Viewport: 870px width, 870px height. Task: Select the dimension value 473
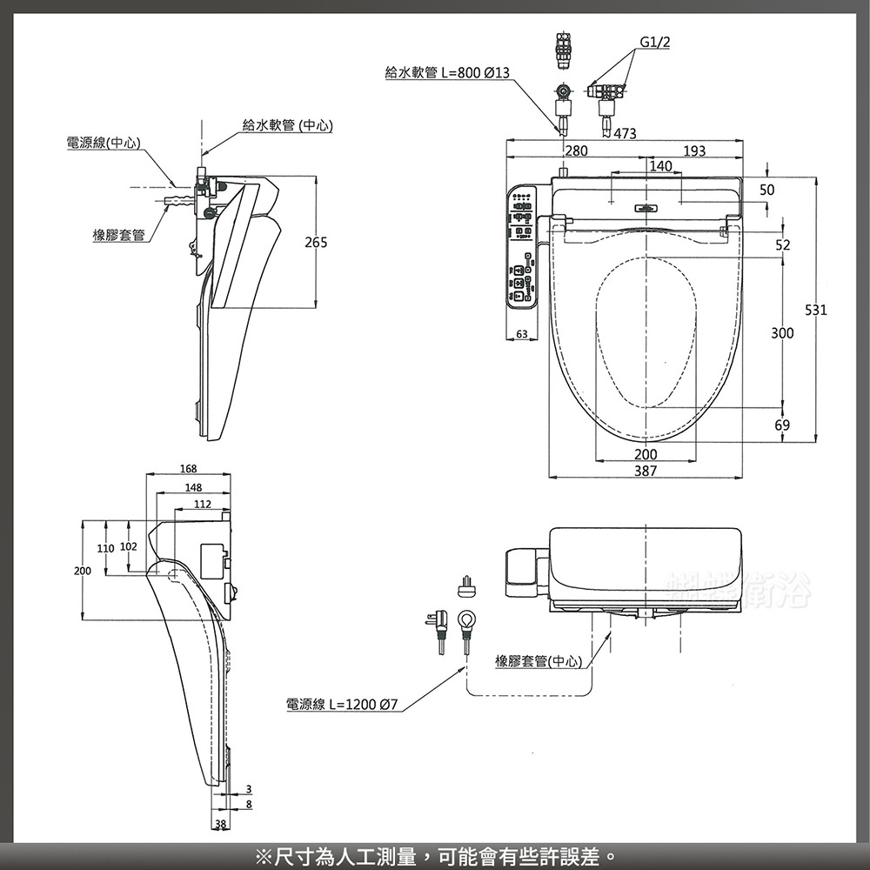(625, 134)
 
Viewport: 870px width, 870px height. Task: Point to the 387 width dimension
(646, 471)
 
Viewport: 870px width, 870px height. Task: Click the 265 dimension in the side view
(316, 244)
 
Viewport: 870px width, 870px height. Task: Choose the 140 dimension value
(660, 165)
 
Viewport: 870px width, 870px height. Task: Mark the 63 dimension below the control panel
(521, 334)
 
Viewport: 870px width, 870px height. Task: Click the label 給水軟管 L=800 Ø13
(447, 73)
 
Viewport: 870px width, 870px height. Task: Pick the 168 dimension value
(188, 470)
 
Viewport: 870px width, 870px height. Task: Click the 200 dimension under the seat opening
(646, 455)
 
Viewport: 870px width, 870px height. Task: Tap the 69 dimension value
(782, 425)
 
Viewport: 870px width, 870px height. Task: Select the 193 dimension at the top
(694, 151)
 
